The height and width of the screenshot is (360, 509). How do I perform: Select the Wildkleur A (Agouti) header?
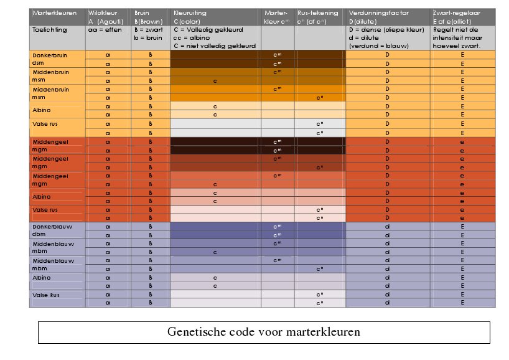[108, 17]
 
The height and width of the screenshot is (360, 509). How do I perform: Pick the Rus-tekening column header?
[317, 17]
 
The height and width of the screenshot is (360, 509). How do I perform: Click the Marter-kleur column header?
[276, 17]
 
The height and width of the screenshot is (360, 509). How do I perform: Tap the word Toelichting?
[49, 29]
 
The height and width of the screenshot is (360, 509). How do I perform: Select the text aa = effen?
[103, 29]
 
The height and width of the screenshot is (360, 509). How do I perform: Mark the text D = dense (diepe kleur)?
[386, 29]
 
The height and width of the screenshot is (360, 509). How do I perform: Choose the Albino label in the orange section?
[42, 110]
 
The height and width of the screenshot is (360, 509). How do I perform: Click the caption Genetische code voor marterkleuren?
[263, 331]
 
